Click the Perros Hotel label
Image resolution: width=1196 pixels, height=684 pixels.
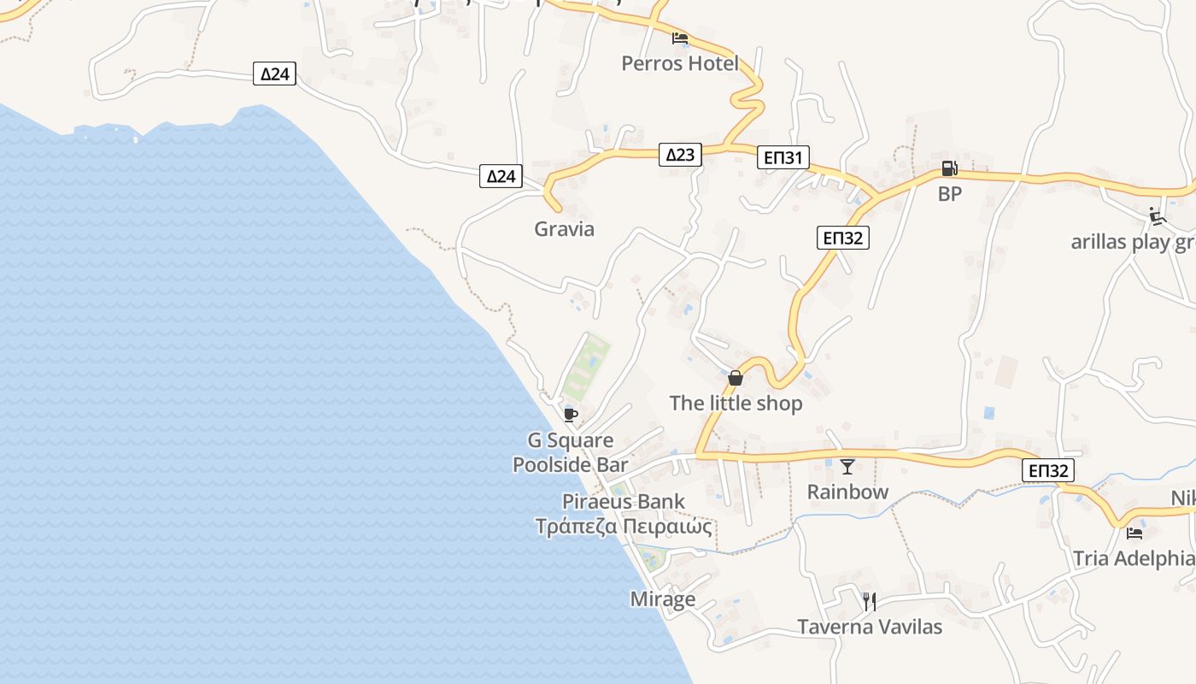[x=679, y=63]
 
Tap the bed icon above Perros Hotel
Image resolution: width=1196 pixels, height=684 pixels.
[x=680, y=38]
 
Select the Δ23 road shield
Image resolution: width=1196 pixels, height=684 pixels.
[x=680, y=155]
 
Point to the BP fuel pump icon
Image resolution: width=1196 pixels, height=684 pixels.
[x=949, y=168]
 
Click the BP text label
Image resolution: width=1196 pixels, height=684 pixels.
[x=949, y=194]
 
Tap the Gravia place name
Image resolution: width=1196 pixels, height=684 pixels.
[x=564, y=229]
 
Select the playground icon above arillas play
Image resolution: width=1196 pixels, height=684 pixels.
[x=1158, y=216]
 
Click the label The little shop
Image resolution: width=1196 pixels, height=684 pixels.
[x=736, y=404]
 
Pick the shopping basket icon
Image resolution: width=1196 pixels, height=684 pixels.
[x=736, y=378]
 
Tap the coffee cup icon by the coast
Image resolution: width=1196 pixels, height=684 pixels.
[x=571, y=416]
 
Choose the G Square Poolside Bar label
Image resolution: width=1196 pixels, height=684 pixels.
[x=570, y=453]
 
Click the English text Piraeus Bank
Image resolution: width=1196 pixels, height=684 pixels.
[x=624, y=502]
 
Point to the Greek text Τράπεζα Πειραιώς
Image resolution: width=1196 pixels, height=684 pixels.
[x=624, y=526]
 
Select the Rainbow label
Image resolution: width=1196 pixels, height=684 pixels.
[x=847, y=492]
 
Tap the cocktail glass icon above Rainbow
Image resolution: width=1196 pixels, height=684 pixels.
[x=847, y=467]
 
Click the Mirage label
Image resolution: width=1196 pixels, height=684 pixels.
[x=662, y=599]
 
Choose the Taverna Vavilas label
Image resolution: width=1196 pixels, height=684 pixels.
[x=870, y=627]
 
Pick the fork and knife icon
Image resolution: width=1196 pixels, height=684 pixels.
[x=870, y=602]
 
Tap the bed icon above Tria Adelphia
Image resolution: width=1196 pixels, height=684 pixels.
[x=1134, y=534]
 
